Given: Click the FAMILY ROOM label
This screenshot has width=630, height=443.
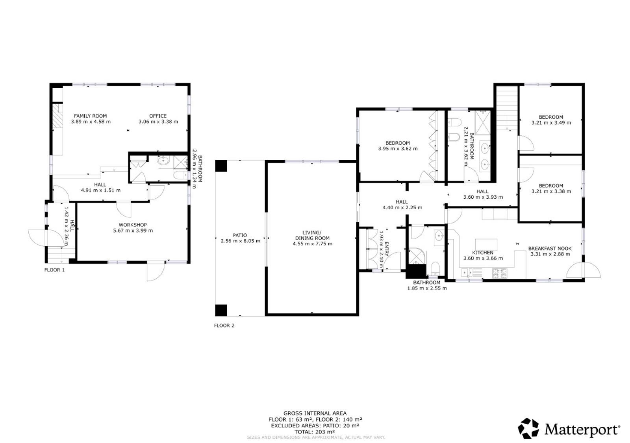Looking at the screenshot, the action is coord(90,116).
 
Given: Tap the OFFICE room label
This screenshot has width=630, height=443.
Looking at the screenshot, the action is coord(158,116).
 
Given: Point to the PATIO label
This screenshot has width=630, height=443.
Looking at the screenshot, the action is coord(240,235).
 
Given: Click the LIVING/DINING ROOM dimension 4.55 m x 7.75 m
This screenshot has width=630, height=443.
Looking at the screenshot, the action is coord(313,244).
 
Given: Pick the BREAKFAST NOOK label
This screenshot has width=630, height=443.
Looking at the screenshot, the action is coord(550,249).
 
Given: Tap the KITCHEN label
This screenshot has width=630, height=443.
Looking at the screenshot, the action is coord(483,253).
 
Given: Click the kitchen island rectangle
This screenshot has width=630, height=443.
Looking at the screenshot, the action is coord(486,244).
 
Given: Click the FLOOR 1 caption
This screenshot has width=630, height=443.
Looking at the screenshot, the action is coord(55,270).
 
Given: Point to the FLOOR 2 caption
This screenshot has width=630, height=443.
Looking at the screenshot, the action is coord(224,325).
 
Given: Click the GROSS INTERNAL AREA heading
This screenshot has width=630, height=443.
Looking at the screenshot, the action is coord(315,413).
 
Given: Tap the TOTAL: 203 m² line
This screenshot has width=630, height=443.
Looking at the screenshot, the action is coord(315,432).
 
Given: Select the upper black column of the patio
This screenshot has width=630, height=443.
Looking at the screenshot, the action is coord(221,166).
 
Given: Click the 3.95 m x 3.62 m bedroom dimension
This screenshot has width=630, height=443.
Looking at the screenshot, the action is coord(398,148).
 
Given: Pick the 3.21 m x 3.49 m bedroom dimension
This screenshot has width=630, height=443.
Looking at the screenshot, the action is coord(551,123).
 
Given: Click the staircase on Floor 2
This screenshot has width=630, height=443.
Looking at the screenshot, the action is coord(507,108).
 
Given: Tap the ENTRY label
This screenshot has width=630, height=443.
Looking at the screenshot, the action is coord(387,249).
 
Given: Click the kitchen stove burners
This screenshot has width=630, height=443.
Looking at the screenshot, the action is coord(500,273).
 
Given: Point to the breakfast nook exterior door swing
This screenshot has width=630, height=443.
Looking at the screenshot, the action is coord(584,270).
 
